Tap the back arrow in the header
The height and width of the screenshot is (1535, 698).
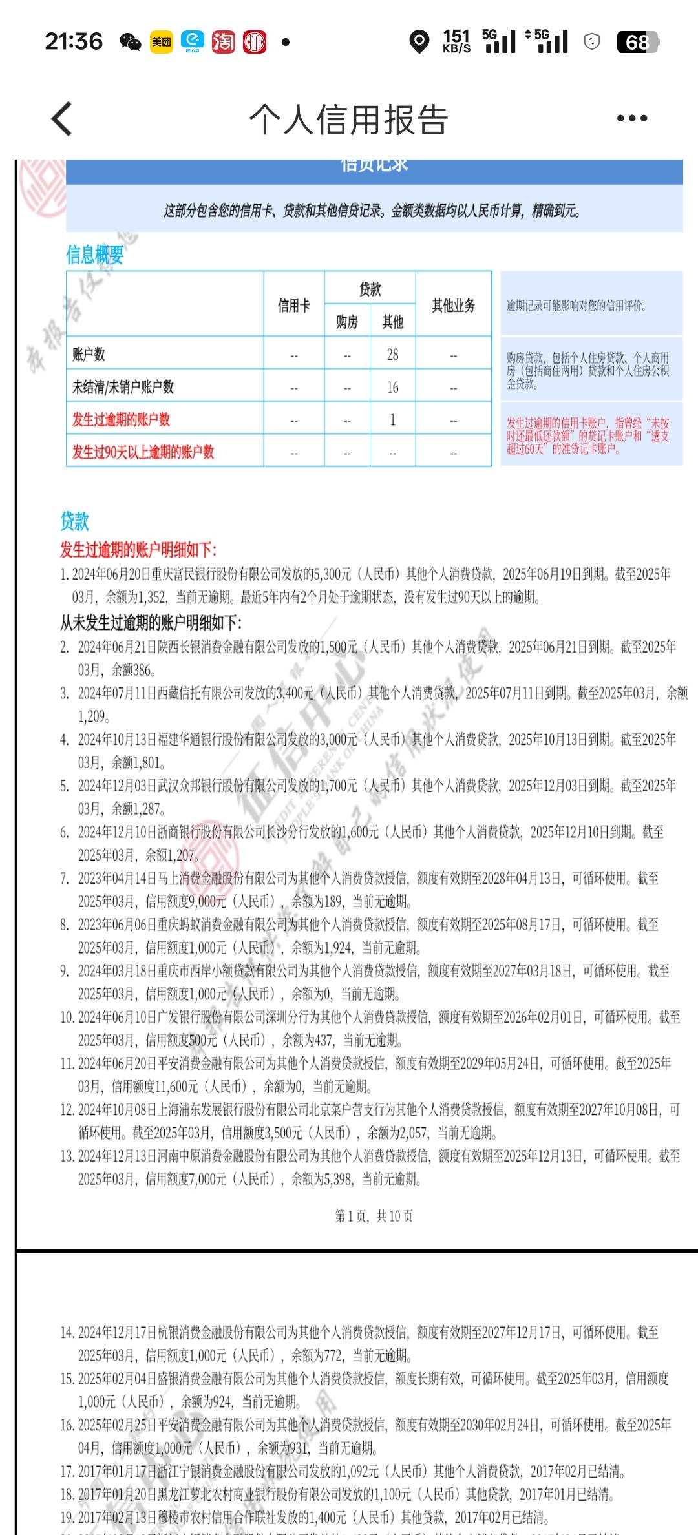[62, 119]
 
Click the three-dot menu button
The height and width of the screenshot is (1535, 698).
[631, 118]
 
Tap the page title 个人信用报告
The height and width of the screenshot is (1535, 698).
[349, 120]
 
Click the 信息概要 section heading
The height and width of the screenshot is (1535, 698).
[94, 255]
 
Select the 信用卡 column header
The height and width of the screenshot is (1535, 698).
[294, 305]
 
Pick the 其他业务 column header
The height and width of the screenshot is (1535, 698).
[453, 305]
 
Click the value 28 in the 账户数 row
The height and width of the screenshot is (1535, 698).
[392, 354]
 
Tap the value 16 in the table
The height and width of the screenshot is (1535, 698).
[392, 387]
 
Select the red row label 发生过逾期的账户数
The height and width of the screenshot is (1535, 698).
[121, 419]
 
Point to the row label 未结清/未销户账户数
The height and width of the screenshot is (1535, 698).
[123, 387]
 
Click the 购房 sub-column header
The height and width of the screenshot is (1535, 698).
[347, 321]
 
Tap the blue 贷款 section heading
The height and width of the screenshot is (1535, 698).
[74, 521]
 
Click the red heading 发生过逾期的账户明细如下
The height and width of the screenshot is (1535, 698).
[138, 550]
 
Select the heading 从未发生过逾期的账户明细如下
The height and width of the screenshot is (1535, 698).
[151, 623]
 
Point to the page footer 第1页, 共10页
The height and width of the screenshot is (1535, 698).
[374, 1216]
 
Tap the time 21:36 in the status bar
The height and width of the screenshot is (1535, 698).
[74, 42]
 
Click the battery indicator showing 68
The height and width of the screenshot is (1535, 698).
[637, 42]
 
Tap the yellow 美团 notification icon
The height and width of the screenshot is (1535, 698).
[162, 42]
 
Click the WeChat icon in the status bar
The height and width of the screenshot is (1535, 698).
[131, 42]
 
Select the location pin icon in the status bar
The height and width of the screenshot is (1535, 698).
[419, 42]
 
